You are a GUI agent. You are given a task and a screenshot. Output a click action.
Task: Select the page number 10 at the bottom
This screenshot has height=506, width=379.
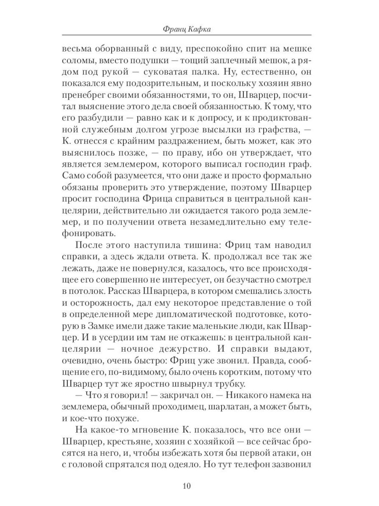pyautogui.click(x=186, y=486)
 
